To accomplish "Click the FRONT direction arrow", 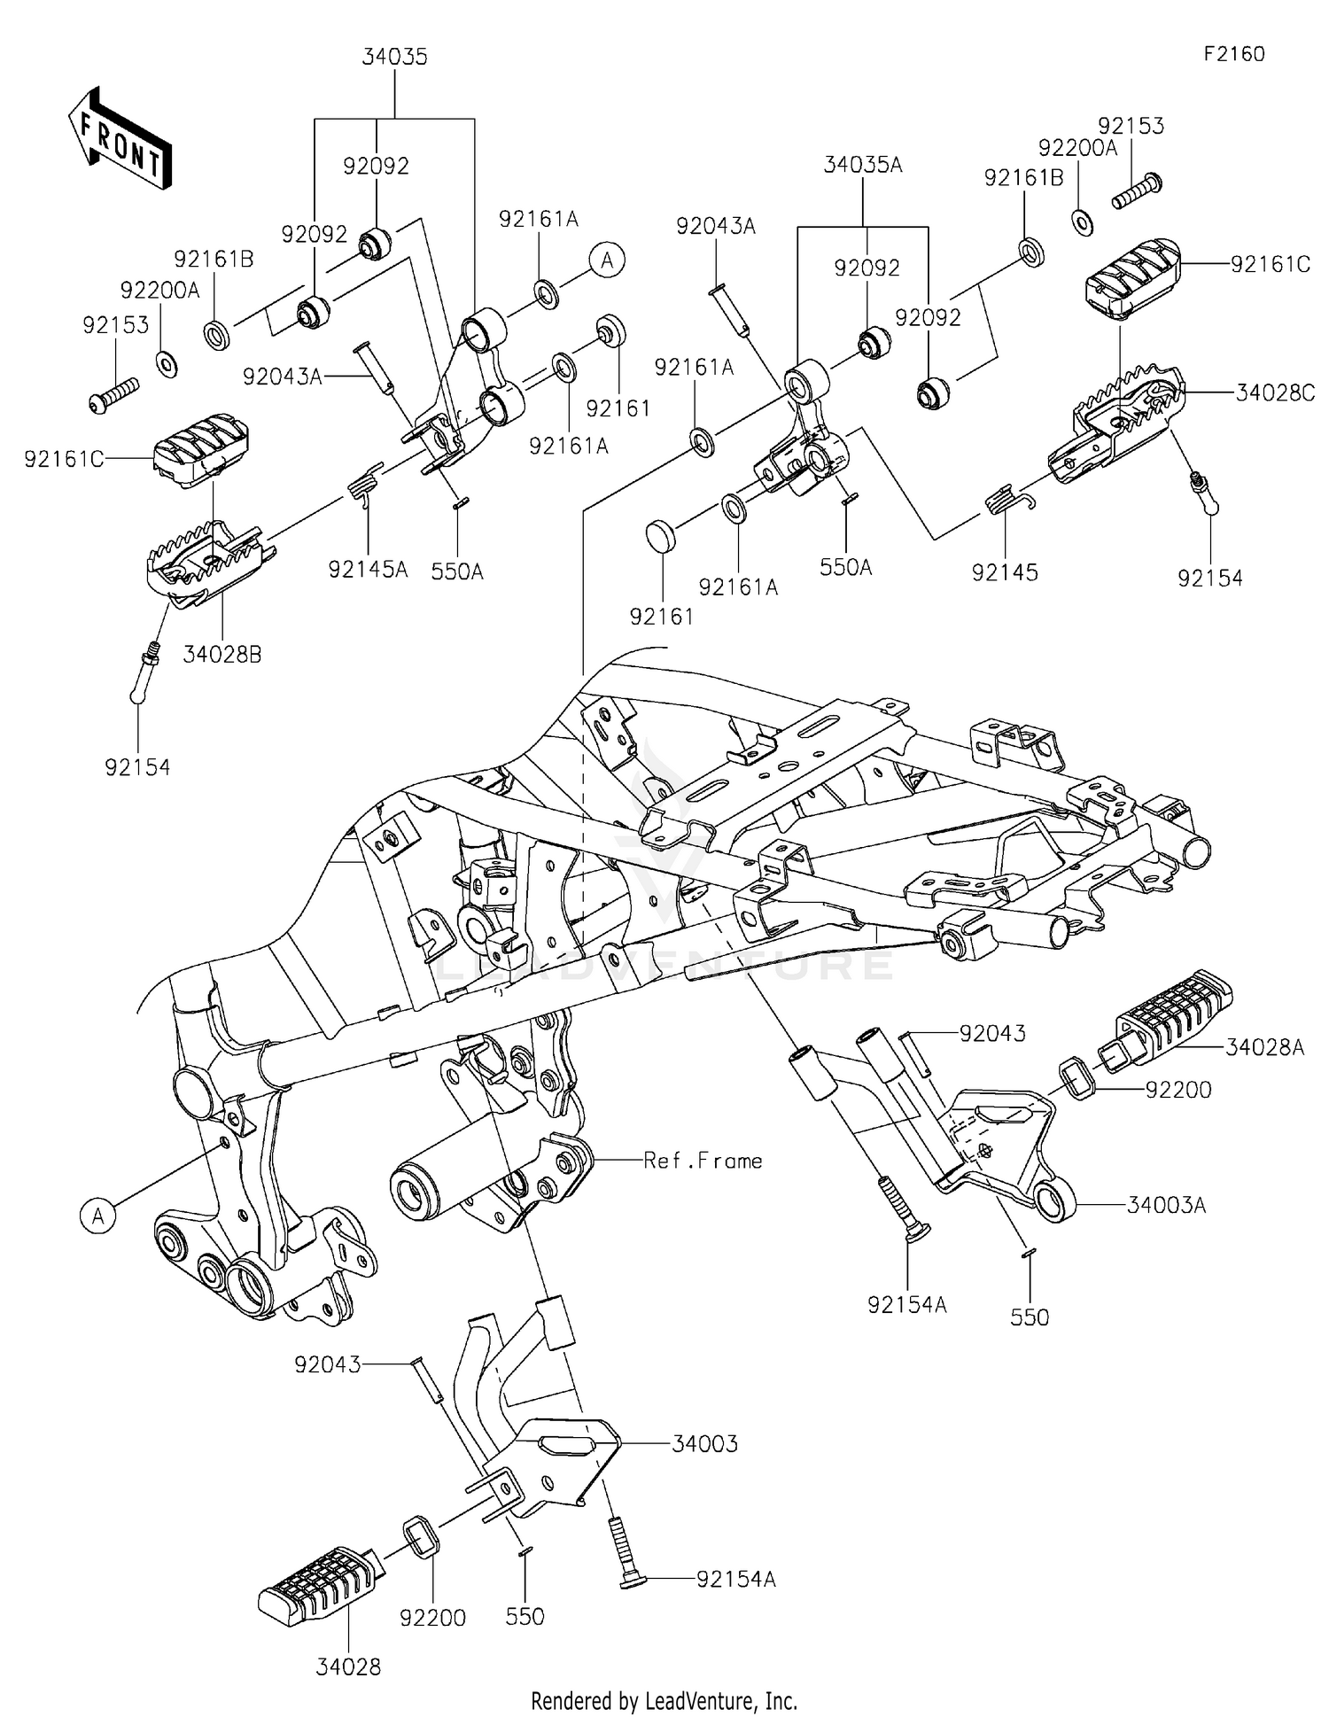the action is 120,139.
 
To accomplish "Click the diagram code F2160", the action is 1233,54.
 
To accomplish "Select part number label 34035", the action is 394,58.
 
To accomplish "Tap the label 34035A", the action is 863,165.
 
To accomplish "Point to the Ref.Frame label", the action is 703,1161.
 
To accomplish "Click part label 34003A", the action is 1166,1205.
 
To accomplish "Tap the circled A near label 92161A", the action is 607,260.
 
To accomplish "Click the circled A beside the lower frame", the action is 98,1216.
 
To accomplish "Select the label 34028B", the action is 222,655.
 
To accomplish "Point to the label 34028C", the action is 1275,392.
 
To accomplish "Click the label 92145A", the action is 368,570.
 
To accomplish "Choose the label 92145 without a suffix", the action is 1005,572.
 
